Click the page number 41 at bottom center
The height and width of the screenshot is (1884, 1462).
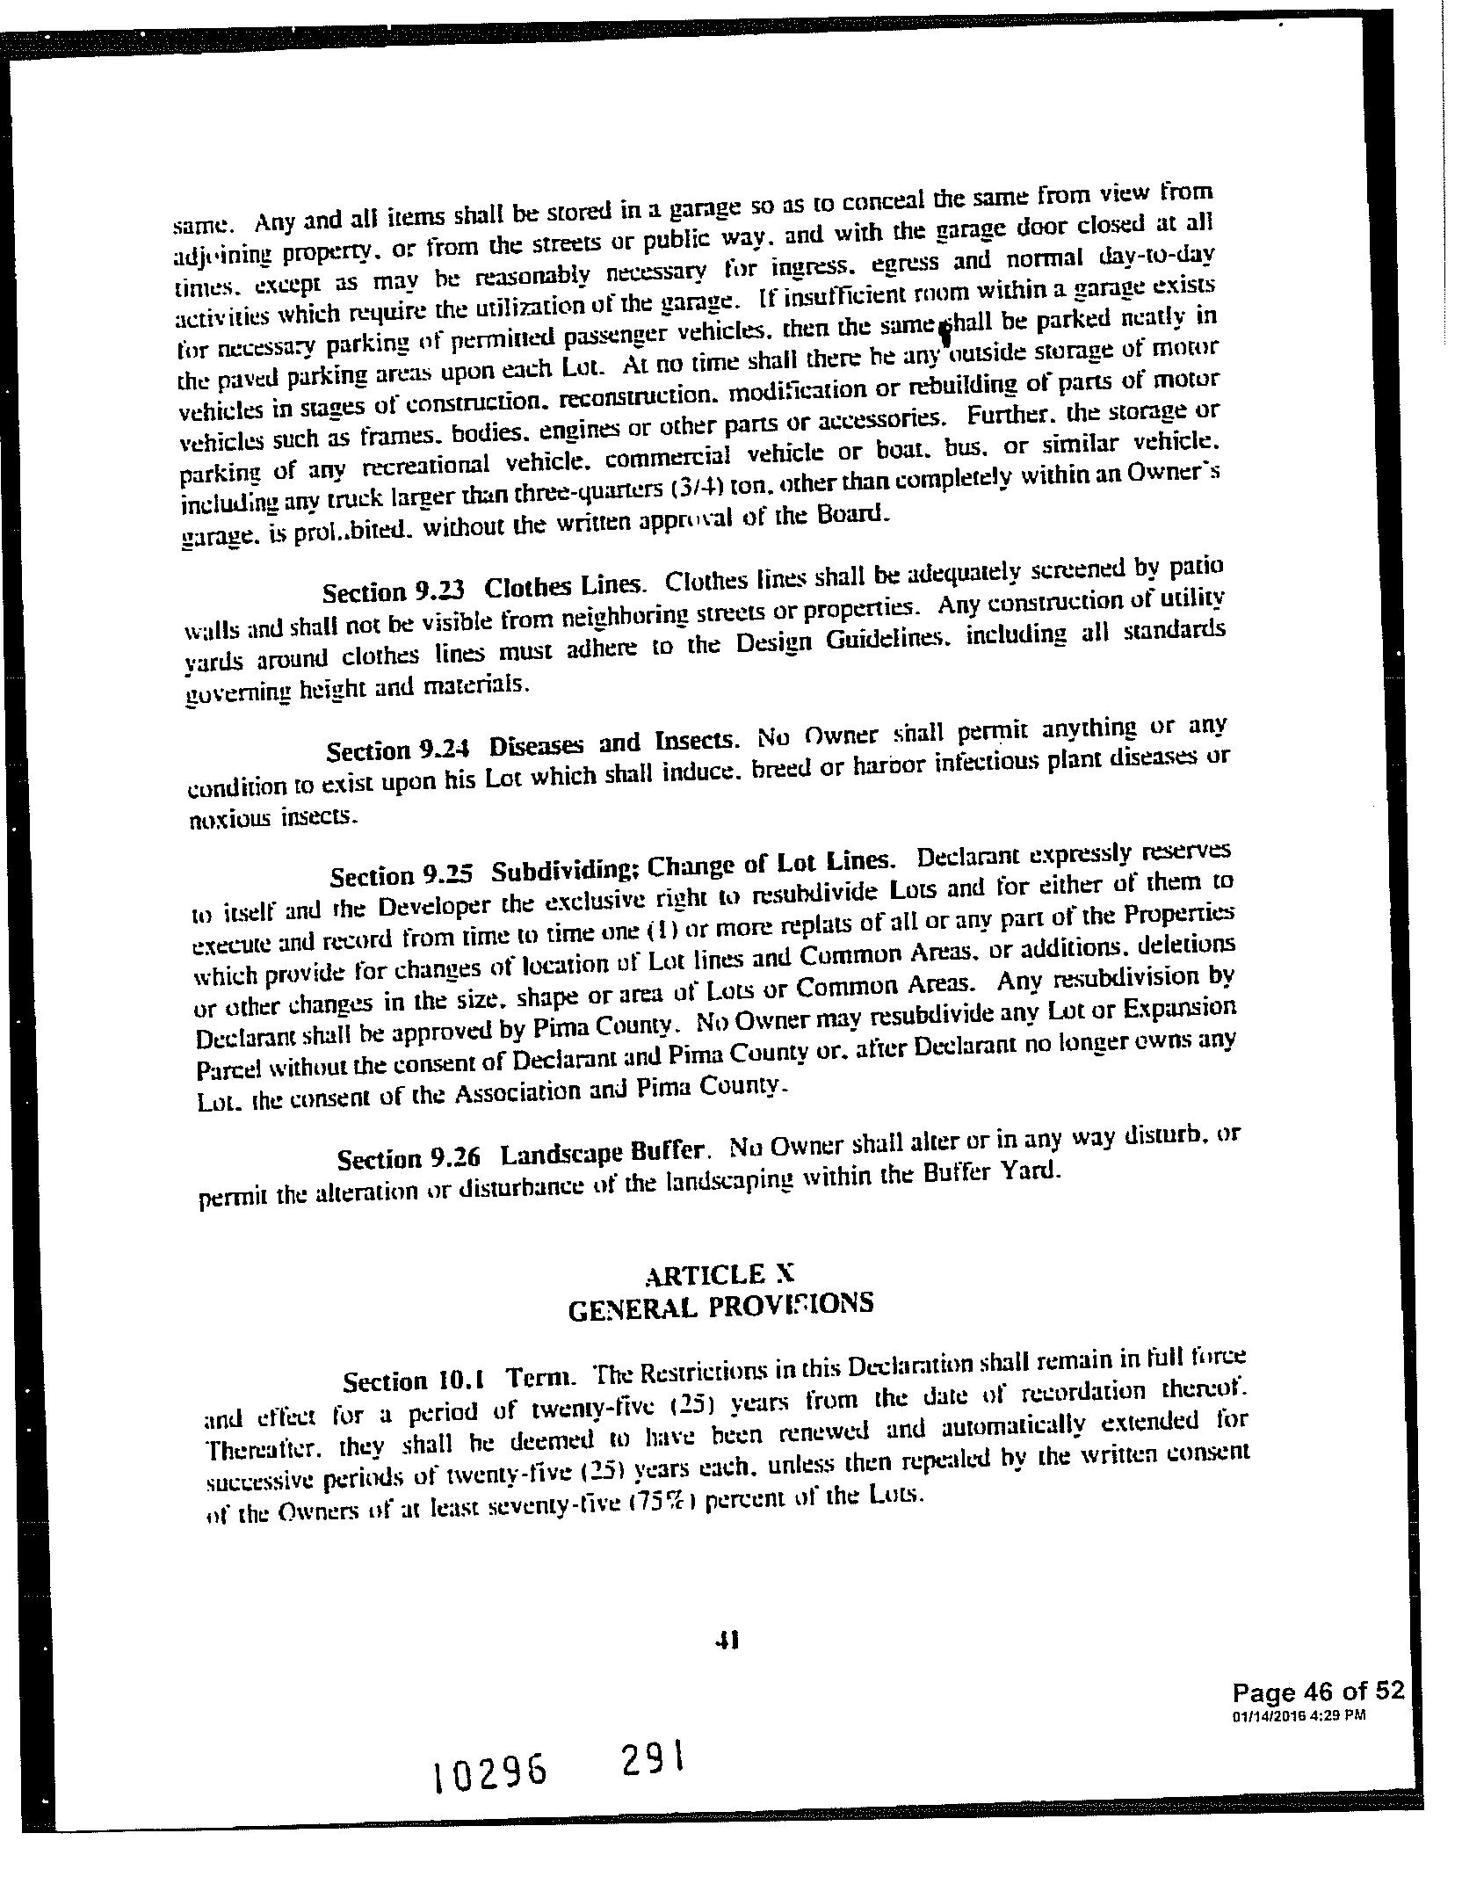click(x=727, y=1639)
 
